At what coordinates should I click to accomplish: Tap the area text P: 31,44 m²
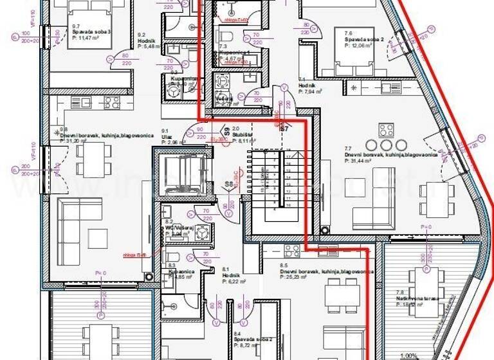363,161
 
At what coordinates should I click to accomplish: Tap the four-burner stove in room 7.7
387,130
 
